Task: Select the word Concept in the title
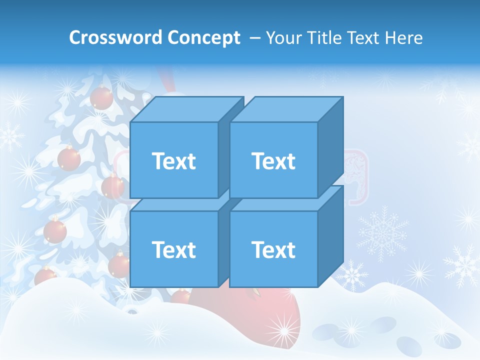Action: (204, 38)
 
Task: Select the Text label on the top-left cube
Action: (173, 161)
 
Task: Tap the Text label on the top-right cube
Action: (273, 161)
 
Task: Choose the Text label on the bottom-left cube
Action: (173, 249)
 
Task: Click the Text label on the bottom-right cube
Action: (273, 249)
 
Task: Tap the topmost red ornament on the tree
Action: (101, 97)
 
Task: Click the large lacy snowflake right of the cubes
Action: (382, 231)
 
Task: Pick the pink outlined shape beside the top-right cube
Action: (355, 177)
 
